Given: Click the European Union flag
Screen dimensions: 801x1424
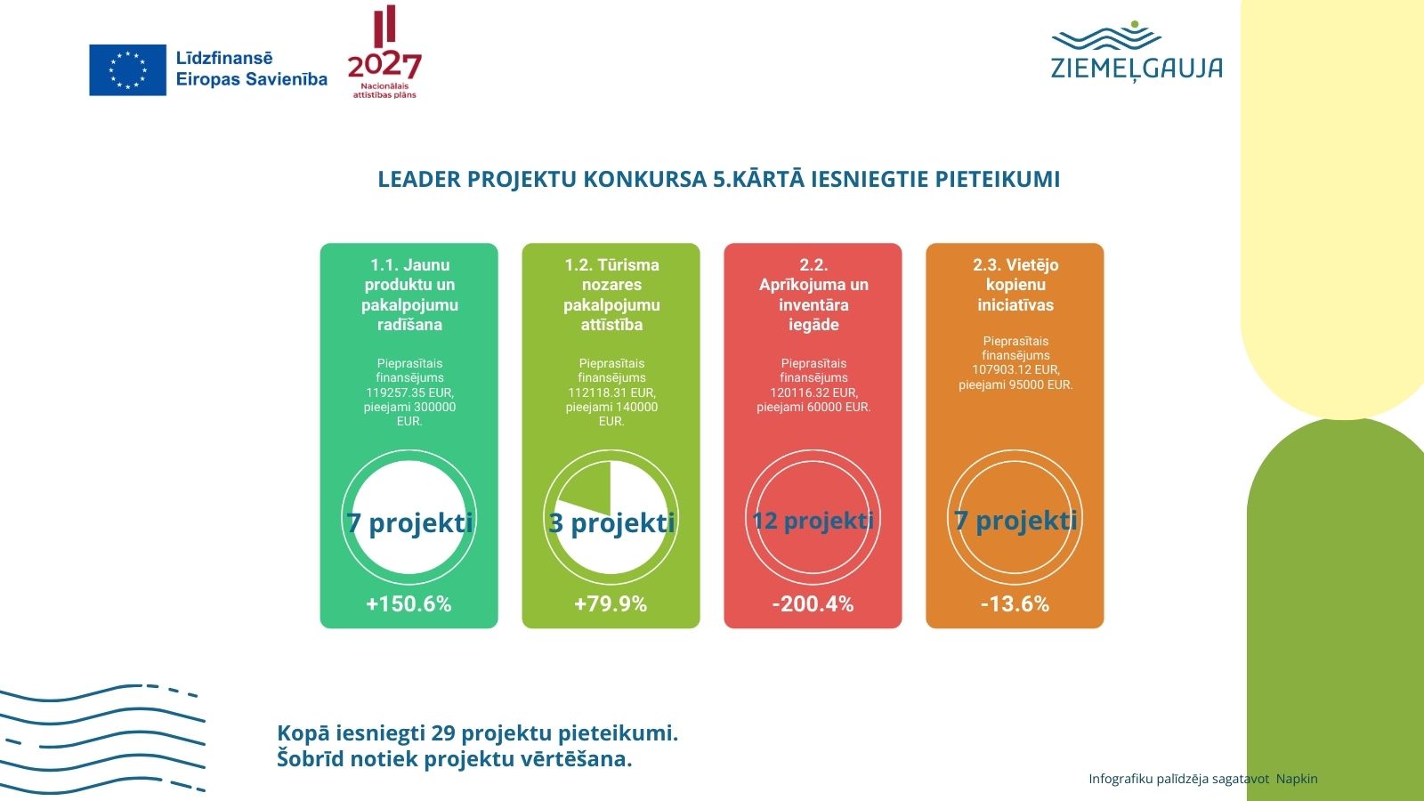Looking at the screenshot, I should click(127, 69).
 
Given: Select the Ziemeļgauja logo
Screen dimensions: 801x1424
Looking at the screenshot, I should click(1137, 53).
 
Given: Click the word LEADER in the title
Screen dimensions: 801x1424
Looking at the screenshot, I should click(418, 179).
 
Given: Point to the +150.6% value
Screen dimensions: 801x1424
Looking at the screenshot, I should click(409, 604).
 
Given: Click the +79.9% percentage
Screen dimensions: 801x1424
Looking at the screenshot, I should click(611, 604).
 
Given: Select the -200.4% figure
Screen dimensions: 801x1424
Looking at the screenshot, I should click(813, 604).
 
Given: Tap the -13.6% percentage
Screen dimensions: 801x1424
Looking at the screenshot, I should click(1015, 604).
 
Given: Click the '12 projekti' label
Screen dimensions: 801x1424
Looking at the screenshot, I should click(813, 521).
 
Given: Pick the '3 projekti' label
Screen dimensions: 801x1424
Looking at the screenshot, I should click(611, 522).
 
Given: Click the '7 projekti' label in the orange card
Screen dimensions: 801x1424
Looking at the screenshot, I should click(1015, 521).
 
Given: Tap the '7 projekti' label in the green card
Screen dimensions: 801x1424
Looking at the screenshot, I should click(409, 522).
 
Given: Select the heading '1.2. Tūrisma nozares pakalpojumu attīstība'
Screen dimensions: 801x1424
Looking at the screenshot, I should click(611, 295).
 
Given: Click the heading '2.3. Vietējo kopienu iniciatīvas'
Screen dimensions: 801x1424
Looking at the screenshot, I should click(1015, 285).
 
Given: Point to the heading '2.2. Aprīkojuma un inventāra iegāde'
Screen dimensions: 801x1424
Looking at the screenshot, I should click(813, 295).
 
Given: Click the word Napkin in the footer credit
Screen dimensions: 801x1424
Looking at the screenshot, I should click(1297, 779).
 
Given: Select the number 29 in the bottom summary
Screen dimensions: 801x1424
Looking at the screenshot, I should click(442, 733).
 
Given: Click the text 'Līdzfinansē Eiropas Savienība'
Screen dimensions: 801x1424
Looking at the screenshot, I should click(251, 69).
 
